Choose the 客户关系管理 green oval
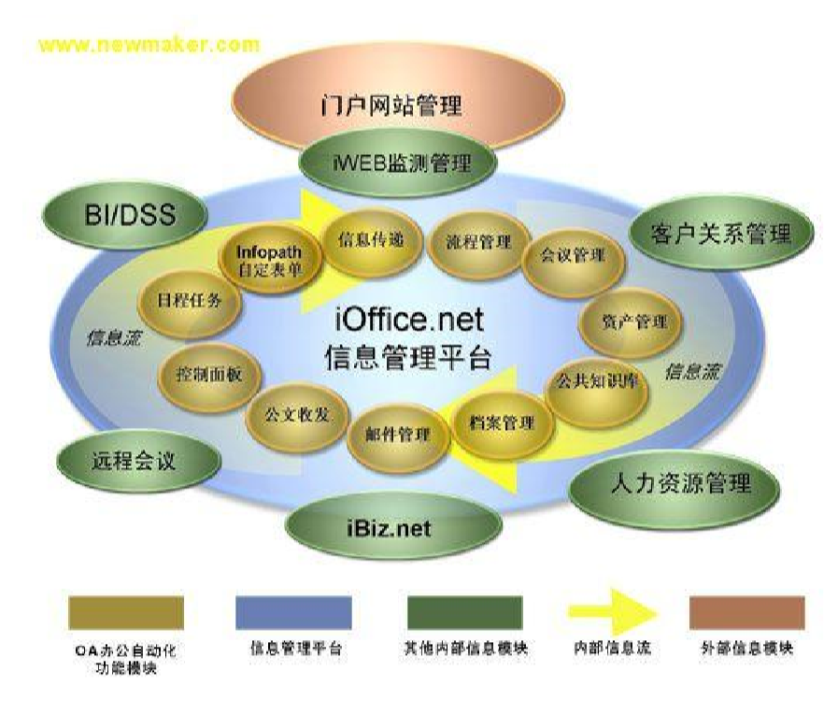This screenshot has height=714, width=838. [719, 234]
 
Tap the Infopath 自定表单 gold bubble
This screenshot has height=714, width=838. [268, 262]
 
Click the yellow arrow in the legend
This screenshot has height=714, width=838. [612, 612]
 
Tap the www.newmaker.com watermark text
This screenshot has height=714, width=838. [149, 44]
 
